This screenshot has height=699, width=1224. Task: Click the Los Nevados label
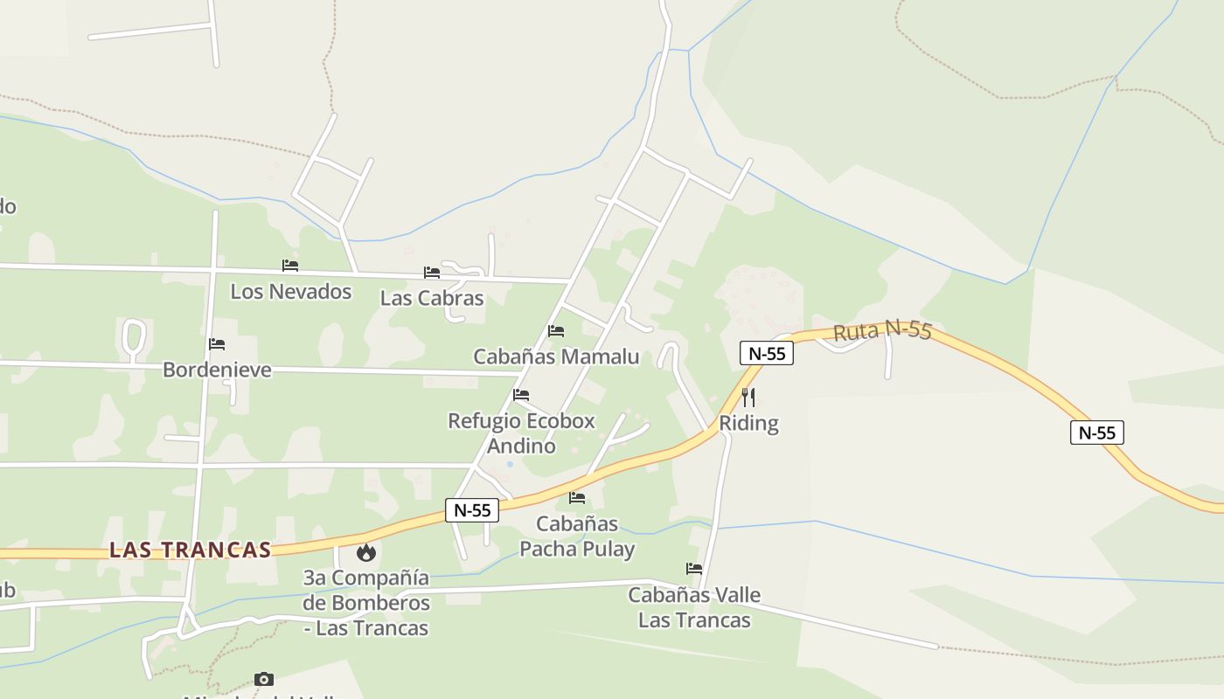click(291, 291)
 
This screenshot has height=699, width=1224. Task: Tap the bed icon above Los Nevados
click(290, 266)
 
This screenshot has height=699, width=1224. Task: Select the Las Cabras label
click(432, 298)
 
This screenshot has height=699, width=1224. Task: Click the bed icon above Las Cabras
click(432, 273)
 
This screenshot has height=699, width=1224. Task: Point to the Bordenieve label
click(217, 370)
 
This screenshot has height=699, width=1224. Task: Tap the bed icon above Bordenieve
click(217, 344)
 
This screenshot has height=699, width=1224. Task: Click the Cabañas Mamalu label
click(556, 356)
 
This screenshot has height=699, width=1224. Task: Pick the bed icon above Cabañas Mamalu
click(556, 331)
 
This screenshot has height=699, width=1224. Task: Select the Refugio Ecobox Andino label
click(521, 433)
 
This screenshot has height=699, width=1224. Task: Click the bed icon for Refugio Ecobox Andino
click(521, 395)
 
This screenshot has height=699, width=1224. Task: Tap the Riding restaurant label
click(748, 423)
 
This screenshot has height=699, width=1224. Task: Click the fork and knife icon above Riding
click(748, 398)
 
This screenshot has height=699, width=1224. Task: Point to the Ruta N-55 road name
click(882, 331)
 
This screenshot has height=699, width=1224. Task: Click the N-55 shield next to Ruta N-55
click(767, 353)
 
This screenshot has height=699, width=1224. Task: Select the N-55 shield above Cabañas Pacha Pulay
click(472, 510)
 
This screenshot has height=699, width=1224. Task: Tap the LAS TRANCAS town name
click(190, 550)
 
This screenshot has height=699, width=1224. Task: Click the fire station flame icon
click(366, 552)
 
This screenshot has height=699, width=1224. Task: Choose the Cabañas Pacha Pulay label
click(577, 536)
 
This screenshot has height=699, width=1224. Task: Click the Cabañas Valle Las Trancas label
click(694, 607)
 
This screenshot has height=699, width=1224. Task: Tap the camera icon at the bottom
click(264, 679)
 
